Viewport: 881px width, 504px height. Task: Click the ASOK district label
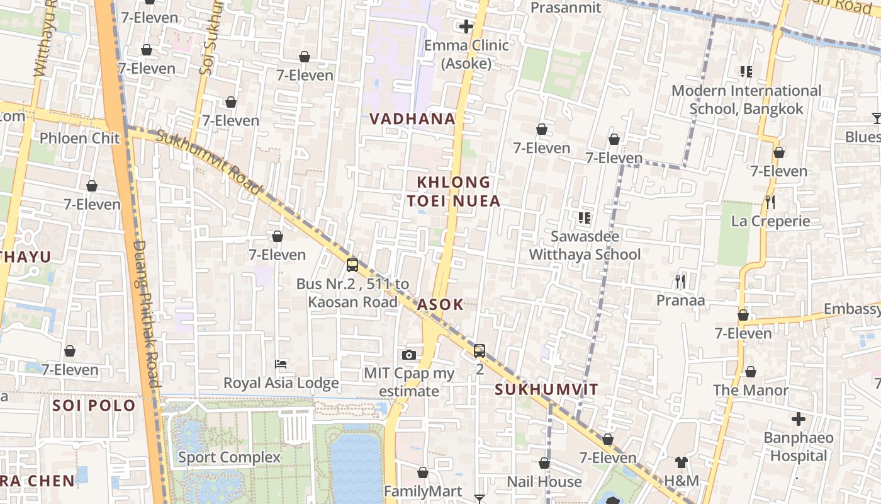[x=441, y=304]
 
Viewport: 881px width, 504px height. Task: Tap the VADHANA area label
[x=412, y=118]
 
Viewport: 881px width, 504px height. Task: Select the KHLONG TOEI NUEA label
[x=453, y=192]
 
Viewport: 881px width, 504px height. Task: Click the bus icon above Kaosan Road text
[x=352, y=265]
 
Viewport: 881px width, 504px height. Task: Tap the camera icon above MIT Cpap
[x=409, y=355]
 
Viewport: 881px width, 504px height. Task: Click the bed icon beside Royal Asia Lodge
[x=281, y=364]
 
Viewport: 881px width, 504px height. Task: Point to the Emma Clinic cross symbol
[x=466, y=26]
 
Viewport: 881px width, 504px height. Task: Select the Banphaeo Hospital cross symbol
[x=798, y=418]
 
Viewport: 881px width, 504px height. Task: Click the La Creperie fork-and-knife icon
[x=770, y=202]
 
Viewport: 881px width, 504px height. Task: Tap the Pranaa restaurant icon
[x=680, y=281]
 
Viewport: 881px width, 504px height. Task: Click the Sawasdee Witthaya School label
[x=585, y=246]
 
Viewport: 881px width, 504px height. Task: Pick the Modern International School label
[x=746, y=100]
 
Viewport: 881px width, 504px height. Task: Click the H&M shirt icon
[x=681, y=462]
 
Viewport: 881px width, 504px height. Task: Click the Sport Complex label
[x=229, y=457]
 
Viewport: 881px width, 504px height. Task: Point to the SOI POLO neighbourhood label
[x=94, y=405]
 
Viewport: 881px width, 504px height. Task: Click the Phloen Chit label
[x=79, y=138]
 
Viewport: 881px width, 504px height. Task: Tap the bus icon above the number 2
[x=480, y=350]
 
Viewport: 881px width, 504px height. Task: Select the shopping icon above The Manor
[x=750, y=372]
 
